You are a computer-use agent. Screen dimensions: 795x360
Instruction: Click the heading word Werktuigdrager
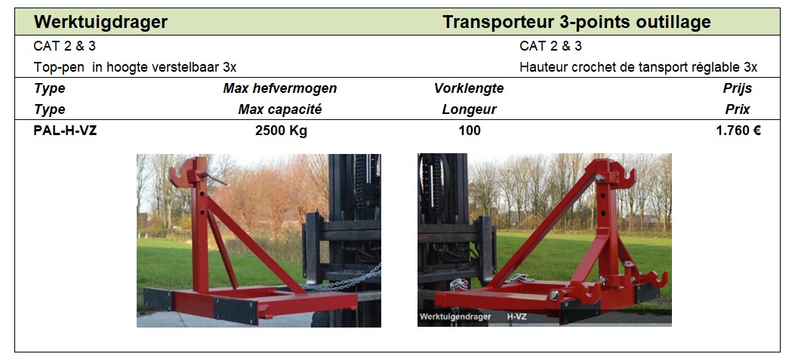click(x=100, y=23)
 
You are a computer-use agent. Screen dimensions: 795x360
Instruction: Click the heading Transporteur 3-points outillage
click(x=577, y=23)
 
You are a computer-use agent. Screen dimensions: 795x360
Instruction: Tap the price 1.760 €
click(x=738, y=131)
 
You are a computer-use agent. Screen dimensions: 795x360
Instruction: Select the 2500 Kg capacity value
click(x=281, y=131)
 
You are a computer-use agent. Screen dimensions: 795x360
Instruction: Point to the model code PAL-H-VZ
click(x=65, y=131)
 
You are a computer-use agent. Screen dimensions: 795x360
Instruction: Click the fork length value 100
click(x=470, y=131)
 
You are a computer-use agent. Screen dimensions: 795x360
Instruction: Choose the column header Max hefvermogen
click(x=280, y=88)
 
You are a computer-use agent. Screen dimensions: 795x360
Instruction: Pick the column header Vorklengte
click(x=469, y=88)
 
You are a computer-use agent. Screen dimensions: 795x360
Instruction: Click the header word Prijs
click(x=737, y=88)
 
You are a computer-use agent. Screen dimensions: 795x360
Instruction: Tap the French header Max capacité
click(x=280, y=109)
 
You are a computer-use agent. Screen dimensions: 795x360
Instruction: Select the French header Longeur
click(x=469, y=109)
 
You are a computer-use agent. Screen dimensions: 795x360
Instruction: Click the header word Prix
click(x=737, y=109)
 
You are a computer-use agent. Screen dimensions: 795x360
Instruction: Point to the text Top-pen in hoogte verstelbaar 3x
click(x=135, y=67)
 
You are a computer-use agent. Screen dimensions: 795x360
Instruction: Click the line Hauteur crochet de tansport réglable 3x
click(x=638, y=67)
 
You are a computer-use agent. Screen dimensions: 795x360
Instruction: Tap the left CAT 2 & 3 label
click(x=64, y=46)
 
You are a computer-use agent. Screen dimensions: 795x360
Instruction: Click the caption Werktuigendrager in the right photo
click(x=455, y=317)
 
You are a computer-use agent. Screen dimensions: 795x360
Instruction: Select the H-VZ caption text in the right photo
click(x=516, y=317)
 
